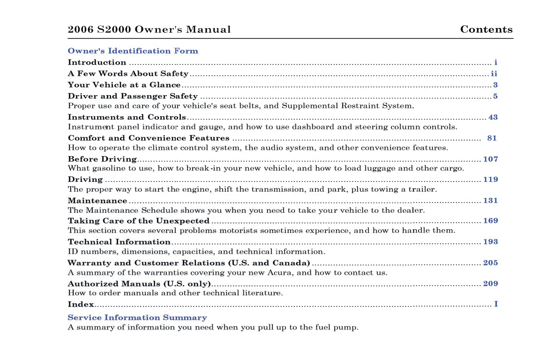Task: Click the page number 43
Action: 493,117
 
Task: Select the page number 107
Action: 490,159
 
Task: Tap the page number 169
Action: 490,221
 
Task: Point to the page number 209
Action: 490,284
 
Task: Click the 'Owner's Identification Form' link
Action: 133,51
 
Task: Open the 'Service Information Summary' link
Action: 137,317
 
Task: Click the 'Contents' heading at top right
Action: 486,30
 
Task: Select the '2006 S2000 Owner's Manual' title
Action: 149,30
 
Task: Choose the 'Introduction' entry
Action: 97,62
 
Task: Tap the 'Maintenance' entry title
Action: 97,201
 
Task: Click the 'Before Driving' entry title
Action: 102,159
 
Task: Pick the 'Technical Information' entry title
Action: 119,242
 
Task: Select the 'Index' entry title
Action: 81,304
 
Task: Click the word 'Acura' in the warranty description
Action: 280,272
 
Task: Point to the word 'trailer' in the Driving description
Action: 423,189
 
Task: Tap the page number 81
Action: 492,138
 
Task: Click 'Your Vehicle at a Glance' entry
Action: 124,85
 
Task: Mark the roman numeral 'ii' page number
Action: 494,74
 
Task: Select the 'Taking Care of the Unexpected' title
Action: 138,221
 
